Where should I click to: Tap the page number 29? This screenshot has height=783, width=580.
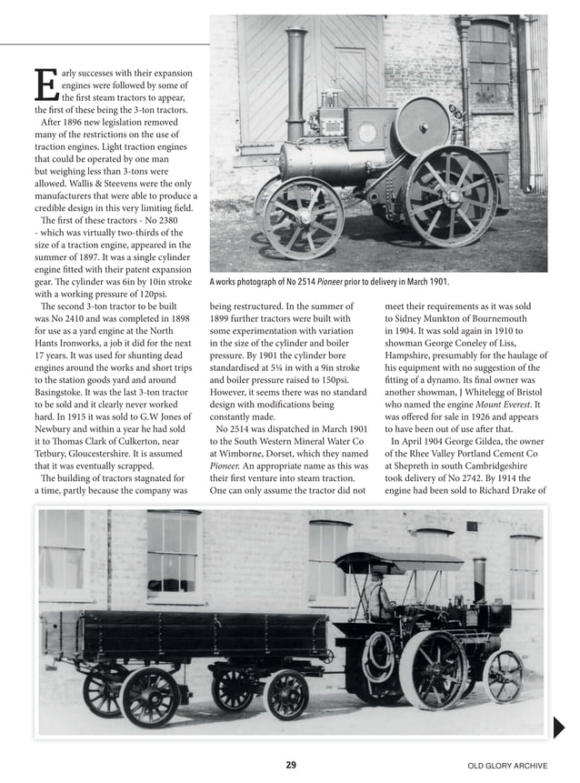(290, 765)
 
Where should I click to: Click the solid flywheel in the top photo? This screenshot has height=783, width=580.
(424, 124)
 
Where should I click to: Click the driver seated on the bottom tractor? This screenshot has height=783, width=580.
(380, 599)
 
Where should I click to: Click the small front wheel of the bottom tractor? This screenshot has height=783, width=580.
(503, 675)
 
